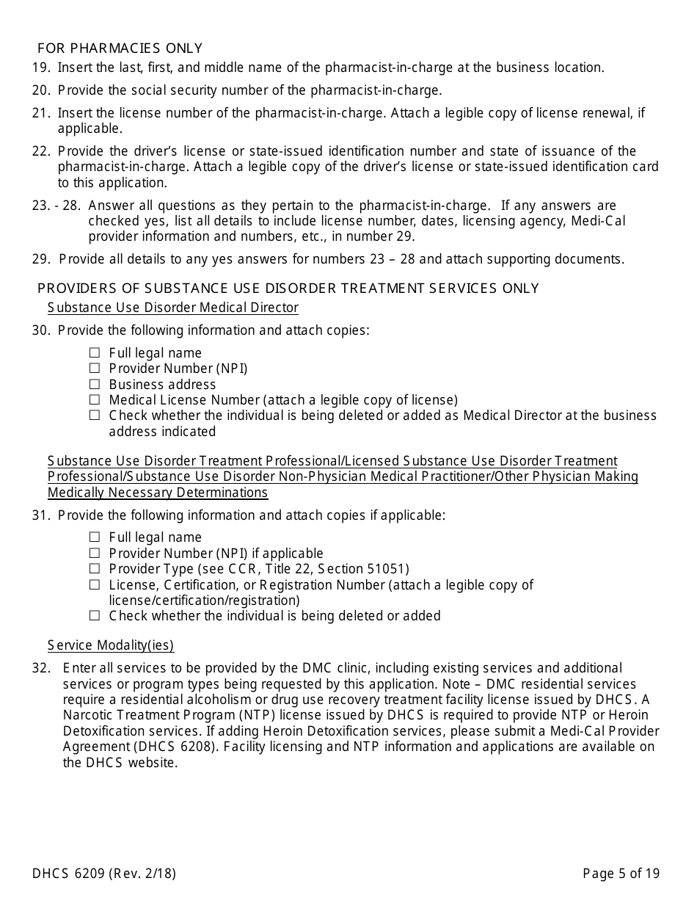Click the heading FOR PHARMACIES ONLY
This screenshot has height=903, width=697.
click(120, 48)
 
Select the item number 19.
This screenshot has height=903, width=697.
click(41, 68)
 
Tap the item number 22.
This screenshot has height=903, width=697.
click(41, 151)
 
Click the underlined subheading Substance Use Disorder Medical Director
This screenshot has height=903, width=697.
click(172, 307)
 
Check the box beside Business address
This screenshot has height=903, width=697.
click(95, 384)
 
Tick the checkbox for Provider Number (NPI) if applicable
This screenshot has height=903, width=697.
click(95, 553)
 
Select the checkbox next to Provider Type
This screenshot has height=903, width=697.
click(95, 569)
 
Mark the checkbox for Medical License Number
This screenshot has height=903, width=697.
click(95, 399)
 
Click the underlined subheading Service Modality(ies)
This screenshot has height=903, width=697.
click(110, 645)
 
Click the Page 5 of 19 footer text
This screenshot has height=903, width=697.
click(621, 873)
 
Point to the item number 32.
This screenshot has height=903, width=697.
click(41, 668)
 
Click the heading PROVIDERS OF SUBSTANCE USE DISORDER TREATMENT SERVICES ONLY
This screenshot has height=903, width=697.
click(288, 289)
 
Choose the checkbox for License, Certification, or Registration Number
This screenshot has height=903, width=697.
click(95, 584)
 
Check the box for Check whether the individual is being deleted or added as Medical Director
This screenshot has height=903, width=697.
click(95, 415)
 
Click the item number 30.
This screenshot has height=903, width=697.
click(41, 330)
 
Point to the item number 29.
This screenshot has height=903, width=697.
click(41, 258)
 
